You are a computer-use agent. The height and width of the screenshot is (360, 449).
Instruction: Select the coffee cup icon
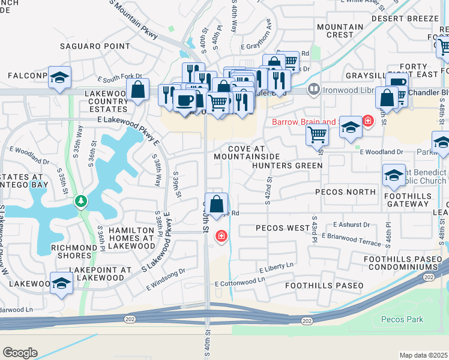point(185,100)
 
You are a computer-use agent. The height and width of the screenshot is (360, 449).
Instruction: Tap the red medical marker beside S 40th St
point(221,236)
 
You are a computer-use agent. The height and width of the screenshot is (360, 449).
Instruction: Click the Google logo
point(20,352)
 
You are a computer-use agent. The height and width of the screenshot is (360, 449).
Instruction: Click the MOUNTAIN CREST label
point(340,31)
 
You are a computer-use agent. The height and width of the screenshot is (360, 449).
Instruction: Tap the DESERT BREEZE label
point(405,19)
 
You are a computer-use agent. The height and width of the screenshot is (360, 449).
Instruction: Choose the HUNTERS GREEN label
point(287,166)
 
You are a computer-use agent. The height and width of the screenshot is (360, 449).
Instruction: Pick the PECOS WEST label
point(282,228)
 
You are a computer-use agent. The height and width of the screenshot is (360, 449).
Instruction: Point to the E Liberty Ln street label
point(276,267)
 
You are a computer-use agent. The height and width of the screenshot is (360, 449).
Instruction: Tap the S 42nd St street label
point(268,188)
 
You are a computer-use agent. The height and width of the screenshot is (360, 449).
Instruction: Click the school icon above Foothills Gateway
point(394,175)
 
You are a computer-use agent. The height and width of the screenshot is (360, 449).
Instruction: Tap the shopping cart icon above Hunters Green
point(316,135)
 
